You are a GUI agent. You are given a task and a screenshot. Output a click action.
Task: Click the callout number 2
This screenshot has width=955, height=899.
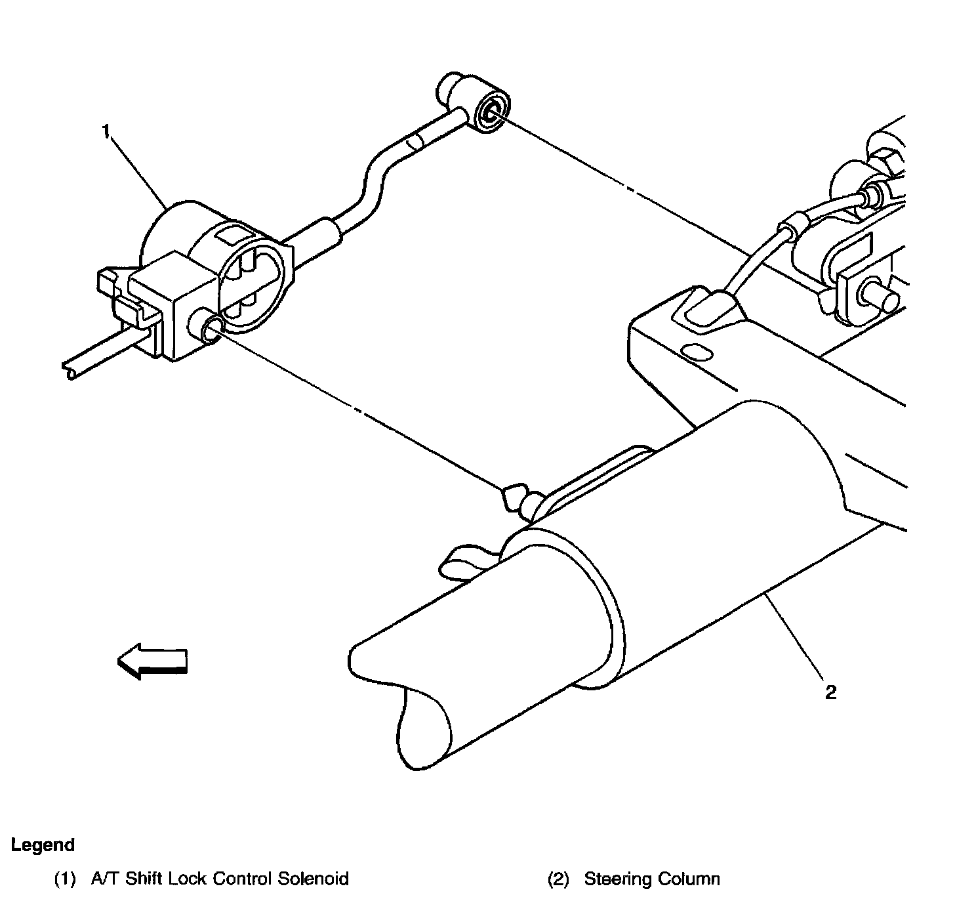830,692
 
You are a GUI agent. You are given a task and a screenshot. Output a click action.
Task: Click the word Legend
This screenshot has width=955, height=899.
43,845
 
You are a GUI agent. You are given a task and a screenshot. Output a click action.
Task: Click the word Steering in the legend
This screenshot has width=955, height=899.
613,879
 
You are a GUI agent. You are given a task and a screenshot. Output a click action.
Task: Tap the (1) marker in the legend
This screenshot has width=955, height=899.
65,879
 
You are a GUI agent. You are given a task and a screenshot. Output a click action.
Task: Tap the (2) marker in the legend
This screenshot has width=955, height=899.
558,879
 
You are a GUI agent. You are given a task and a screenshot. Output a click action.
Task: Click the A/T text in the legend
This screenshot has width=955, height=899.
102,879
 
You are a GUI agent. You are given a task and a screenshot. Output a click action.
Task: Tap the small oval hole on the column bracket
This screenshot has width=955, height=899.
697,352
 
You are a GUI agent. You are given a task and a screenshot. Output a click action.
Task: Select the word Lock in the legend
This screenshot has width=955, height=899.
190,879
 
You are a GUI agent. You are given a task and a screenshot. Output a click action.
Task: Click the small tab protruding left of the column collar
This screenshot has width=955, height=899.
459,560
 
